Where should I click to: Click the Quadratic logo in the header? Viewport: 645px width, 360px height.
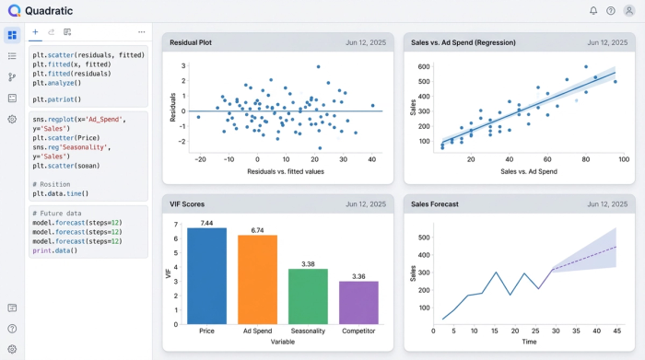(13, 11)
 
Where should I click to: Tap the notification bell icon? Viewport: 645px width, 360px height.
(593, 11)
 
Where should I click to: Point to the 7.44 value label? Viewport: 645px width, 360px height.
(206, 223)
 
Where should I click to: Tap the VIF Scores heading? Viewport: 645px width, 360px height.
(188, 203)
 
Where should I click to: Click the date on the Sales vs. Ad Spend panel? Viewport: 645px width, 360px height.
(605, 42)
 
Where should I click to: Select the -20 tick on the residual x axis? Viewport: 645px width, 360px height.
(201, 159)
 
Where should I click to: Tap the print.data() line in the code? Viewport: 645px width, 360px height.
(55, 250)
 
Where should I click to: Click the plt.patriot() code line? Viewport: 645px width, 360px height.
(57, 99)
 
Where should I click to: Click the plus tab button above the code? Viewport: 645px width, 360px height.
(36, 31)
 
